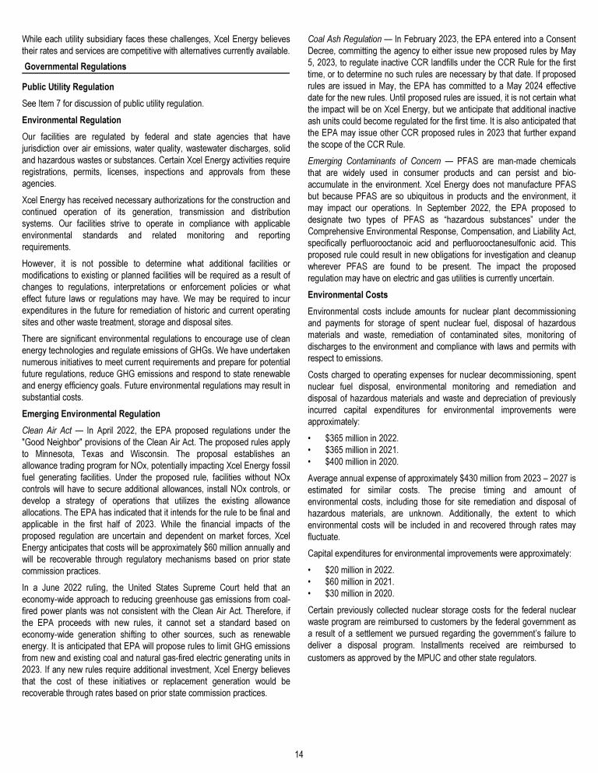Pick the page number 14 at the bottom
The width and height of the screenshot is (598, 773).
point(299,754)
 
